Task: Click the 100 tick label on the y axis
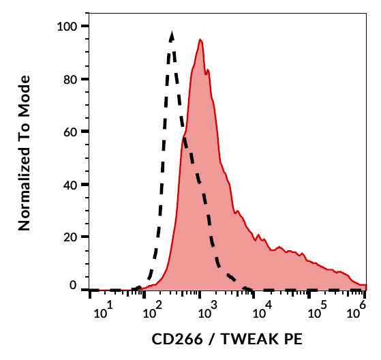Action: point(68,26)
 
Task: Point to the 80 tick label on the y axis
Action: point(71,79)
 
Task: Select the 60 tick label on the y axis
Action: point(71,132)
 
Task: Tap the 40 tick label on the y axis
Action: point(71,184)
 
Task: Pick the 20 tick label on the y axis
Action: point(71,237)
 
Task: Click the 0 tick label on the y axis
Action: point(74,287)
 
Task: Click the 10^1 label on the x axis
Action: point(102,313)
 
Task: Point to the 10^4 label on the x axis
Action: point(260,313)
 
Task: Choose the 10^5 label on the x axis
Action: point(316,313)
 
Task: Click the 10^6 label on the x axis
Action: point(356,313)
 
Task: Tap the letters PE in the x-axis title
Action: point(291,339)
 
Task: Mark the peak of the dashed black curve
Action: point(172,32)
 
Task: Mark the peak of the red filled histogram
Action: point(200,40)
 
